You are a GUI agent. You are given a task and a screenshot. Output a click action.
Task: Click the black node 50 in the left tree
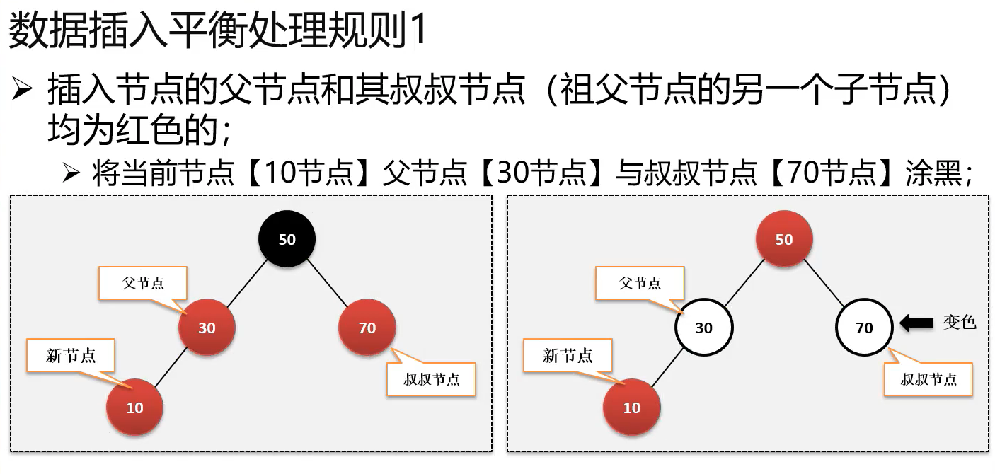tap(287, 239)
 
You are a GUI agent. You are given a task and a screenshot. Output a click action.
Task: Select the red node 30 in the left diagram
tap(207, 328)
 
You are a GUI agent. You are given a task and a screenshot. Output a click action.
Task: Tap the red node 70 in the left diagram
tap(367, 328)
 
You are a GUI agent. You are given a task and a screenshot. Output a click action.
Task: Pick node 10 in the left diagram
tap(134, 407)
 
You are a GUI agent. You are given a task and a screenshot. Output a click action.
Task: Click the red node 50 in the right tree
tap(784, 239)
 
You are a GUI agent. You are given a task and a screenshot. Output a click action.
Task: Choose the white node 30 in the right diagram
tap(703, 328)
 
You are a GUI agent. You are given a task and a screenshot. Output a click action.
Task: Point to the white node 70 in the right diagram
tap(864, 328)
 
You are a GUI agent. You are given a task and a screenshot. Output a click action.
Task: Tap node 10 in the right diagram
tap(631, 407)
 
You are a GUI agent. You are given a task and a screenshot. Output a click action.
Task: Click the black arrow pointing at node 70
tap(916, 323)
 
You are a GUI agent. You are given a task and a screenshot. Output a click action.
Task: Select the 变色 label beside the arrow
tap(960, 323)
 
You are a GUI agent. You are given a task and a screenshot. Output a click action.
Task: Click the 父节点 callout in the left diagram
tap(144, 283)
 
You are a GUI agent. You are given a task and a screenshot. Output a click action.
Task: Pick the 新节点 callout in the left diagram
tap(71, 356)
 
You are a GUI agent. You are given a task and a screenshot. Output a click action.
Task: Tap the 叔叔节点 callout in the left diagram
tap(431, 379)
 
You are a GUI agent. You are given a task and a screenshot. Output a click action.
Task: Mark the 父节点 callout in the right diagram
tap(640, 283)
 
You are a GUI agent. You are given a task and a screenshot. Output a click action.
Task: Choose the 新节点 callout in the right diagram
tap(568, 356)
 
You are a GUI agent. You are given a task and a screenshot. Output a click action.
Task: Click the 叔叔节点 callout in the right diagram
tap(928, 379)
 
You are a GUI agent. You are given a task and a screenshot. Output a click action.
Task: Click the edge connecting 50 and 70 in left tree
tap(327, 284)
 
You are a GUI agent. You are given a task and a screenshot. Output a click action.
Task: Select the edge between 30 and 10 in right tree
tap(667, 368)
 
